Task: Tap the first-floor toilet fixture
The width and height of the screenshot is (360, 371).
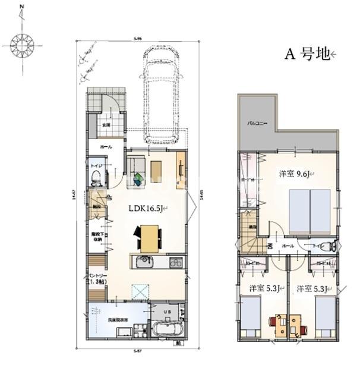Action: [x=95, y=175]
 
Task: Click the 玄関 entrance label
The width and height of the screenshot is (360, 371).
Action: [x=106, y=125]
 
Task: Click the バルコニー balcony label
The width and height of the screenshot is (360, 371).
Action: [x=257, y=124]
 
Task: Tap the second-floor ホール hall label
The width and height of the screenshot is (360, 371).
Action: [x=288, y=245]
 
